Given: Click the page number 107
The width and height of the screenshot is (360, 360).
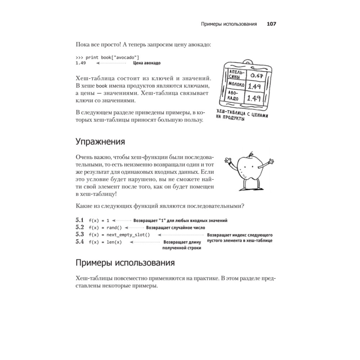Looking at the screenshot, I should tap(271, 24).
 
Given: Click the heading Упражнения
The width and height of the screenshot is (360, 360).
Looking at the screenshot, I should tap(100, 141).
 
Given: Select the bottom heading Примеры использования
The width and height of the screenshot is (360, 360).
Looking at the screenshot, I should tap(125, 262).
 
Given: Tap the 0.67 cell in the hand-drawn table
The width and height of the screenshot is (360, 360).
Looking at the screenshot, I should tap(256, 75).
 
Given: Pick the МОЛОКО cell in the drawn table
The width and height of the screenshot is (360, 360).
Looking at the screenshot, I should tap(236, 85).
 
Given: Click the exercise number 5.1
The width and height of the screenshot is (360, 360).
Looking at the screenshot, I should tap(80, 220).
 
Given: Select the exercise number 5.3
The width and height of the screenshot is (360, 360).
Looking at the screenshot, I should tap(80, 234).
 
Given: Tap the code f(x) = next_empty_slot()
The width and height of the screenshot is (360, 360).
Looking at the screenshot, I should tap(119, 235).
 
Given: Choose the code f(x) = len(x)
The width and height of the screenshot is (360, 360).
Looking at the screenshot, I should tap(105, 242).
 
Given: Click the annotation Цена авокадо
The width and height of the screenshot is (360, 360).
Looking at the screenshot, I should tap(147, 63).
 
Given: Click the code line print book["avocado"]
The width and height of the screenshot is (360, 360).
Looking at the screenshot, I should tap(107, 57).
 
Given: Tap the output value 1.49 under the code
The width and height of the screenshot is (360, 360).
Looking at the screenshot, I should tap(81, 63).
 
